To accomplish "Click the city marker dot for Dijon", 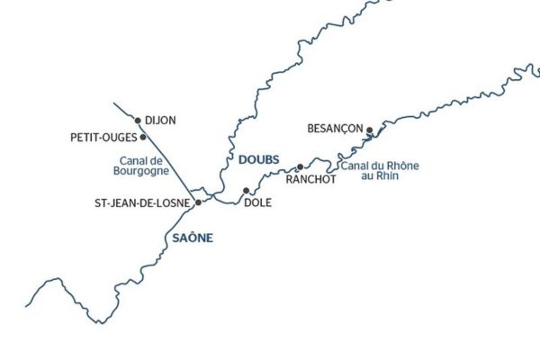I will click(138, 120).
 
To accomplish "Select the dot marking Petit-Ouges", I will click(144, 137).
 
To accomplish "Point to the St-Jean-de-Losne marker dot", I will click(199, 202).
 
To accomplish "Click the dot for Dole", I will click(246, 191).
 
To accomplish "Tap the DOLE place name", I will click(257, 203).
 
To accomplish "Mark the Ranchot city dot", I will click(301, 166).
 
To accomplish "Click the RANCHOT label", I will click(310, 178).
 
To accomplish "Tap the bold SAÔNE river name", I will click(190, 237).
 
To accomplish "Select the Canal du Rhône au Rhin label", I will click(379, 171).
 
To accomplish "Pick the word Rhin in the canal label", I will click(387, 176).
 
